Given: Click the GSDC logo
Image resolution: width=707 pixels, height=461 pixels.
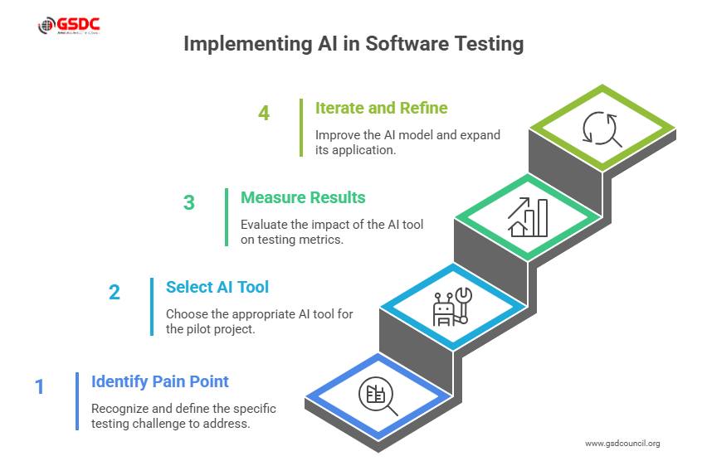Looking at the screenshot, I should pos(69,27).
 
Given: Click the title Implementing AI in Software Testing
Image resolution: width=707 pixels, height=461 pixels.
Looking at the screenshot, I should pos(353,44).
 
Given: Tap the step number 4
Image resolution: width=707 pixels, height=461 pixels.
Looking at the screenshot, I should pos(264,113).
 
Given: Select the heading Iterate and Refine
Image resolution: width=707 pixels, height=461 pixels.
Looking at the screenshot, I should pos(381,108).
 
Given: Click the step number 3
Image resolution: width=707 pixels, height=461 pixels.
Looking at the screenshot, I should pos(189,202).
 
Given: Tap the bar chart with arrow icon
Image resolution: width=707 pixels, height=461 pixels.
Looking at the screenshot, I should pos(528,217).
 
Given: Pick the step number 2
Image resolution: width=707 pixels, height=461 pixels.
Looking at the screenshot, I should pos(115,292).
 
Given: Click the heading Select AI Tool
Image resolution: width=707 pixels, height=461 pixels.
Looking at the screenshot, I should pos(217,287).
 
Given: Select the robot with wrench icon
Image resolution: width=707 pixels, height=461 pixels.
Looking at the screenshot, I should pos(450,308).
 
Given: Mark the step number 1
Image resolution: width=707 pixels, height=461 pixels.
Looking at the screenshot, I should pos(39,386).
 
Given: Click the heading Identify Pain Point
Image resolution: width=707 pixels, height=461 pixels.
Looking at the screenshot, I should pos(160,381).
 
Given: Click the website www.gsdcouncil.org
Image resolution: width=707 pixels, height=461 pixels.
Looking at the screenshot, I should pos(622,444).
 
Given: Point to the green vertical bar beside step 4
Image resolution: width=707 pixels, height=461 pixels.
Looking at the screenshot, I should pos(300,128).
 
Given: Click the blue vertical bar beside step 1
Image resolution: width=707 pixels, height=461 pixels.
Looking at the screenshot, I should pos(76,401).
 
